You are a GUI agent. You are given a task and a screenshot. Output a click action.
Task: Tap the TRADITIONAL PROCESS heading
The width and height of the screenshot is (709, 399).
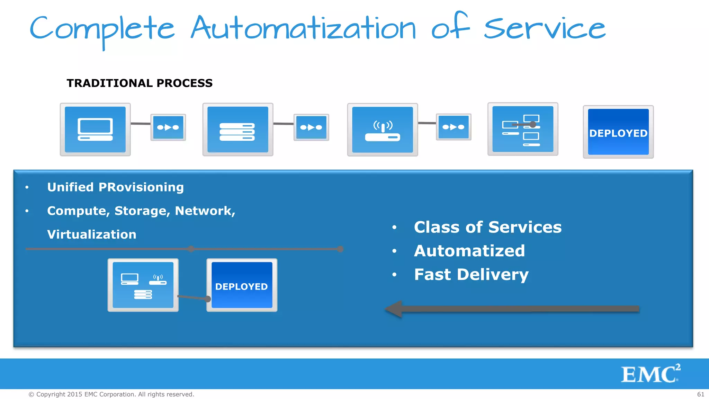click(x=140, y=83)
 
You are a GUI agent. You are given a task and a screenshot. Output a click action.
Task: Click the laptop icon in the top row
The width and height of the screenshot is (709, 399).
click(x=95, y=130)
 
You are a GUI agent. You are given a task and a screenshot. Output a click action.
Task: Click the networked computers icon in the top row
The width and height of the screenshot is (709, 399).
click(x=523, y=129)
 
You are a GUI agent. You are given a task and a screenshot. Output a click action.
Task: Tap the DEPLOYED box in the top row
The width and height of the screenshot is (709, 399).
click(x=618, y=132)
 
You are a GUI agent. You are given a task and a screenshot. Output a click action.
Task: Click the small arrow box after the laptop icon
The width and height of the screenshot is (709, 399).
click(x=168, y=127)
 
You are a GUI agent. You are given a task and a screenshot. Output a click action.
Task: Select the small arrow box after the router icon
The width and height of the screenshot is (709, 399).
click(x=454, y=127)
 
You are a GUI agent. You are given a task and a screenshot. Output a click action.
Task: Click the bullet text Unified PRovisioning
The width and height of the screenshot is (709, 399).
click(x=115, y=187)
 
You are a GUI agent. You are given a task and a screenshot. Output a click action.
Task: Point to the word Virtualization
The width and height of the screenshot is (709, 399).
click(x=92, y=234)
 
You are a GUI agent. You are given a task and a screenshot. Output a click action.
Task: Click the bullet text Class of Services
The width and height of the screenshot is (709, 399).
click(x=487, y=227)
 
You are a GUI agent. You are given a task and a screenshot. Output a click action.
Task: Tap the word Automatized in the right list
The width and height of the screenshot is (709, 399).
click(x=469, y=251)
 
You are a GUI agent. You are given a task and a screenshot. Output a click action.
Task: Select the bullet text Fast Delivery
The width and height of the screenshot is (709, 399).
click(x=471, y=275)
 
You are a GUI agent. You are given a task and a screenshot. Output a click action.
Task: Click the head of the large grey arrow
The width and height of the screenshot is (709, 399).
click(x=395, y=309)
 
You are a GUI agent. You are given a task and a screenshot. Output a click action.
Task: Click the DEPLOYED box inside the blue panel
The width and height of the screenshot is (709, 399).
click(x=242, y=285)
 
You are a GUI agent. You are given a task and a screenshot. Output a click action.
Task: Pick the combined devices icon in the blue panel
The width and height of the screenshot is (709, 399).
click(x=143, y=285)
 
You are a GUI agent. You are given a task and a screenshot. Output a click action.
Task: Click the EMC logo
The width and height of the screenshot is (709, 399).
click(x=650, y=374)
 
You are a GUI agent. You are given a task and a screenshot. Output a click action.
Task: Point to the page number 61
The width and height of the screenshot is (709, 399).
click(x=700, y=394)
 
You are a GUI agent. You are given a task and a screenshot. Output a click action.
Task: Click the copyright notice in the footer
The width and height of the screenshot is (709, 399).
click(x=111, y=394)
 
